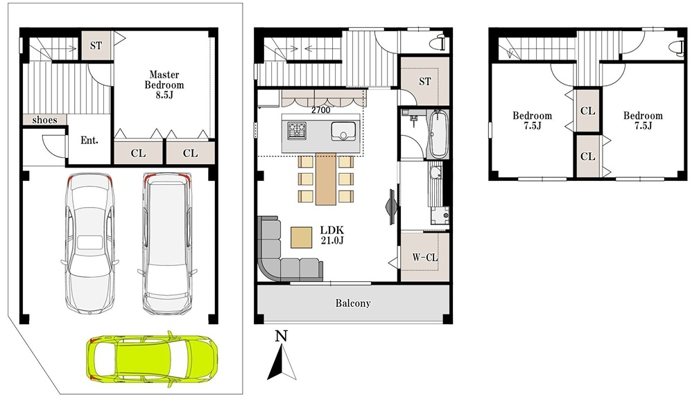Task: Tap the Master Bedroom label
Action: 164,84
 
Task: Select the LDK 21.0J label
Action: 331,235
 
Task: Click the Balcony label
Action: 353,303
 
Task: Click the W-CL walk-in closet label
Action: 424,257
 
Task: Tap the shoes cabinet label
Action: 44,120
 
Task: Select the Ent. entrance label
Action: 89,141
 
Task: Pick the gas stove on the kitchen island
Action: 297,130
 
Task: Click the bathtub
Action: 438,134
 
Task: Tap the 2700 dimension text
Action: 320,110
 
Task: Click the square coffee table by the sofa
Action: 302,238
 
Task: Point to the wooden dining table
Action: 326,179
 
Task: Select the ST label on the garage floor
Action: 96,46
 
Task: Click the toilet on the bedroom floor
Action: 678,46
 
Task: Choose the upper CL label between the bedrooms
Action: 587,110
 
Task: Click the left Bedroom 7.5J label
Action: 533,121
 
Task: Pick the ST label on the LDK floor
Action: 425,82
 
